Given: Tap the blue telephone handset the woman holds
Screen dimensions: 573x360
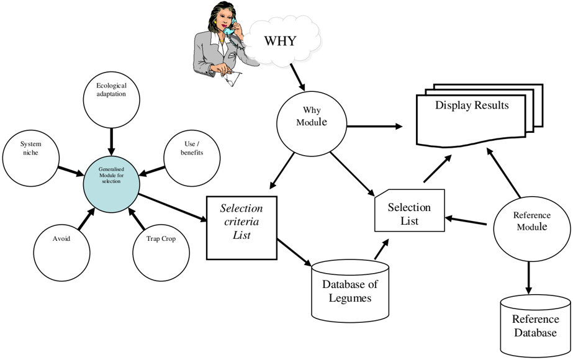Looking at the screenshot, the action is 230,28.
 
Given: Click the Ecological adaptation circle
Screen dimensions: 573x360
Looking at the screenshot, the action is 112,99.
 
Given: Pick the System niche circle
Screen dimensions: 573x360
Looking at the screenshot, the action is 30,158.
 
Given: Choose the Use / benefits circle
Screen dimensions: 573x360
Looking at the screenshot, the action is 192,158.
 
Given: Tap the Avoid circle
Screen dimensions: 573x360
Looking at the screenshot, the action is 61,253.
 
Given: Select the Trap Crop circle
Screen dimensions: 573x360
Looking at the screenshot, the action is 161,253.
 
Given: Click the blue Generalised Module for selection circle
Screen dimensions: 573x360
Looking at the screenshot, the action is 112,184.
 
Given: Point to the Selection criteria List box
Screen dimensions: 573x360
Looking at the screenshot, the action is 241,228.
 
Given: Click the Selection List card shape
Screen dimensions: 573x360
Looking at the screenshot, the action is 410,210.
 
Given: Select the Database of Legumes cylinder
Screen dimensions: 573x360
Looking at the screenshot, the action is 350,291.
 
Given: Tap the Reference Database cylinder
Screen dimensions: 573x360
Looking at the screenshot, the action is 535,326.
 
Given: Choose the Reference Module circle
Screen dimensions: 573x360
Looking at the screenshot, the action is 531,229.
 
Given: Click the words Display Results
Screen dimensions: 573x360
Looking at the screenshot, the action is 472,106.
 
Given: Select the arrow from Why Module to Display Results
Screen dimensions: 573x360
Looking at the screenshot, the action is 374,127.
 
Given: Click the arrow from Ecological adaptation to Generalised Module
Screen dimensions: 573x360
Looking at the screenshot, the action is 112,142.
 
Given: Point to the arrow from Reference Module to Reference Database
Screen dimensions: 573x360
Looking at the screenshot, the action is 528,278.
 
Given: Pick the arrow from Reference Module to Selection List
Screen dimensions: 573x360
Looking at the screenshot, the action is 466,221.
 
